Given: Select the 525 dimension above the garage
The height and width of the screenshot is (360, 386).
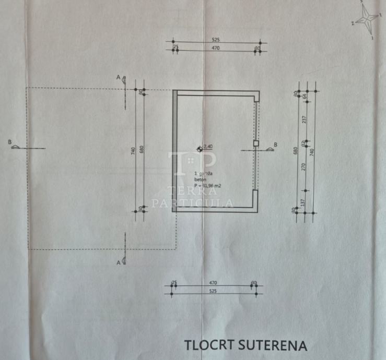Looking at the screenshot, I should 215,39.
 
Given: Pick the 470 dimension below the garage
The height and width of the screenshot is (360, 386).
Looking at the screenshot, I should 213,283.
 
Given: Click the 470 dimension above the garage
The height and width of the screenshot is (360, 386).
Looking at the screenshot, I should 215,48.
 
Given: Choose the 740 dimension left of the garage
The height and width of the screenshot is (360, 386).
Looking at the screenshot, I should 133,151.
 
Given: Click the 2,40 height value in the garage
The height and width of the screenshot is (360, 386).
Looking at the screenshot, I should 207,147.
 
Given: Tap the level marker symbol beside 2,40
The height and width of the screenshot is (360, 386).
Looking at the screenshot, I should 199,149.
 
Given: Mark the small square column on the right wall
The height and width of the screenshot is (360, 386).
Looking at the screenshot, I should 256,143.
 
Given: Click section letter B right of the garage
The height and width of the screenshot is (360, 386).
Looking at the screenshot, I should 275,145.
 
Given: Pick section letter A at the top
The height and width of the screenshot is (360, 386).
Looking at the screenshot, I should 119,78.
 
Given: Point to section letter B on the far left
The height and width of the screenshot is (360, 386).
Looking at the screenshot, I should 10,141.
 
